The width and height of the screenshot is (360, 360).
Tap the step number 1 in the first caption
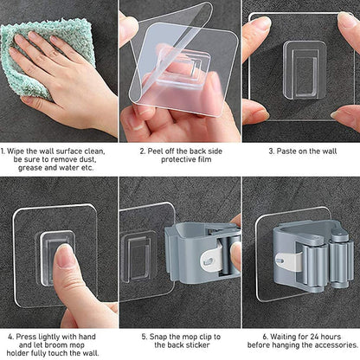pyautogui.click(x=4, y=151)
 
